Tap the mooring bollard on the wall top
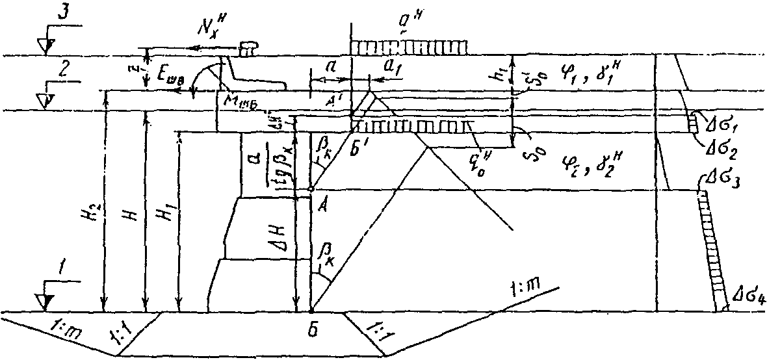(249, 47)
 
